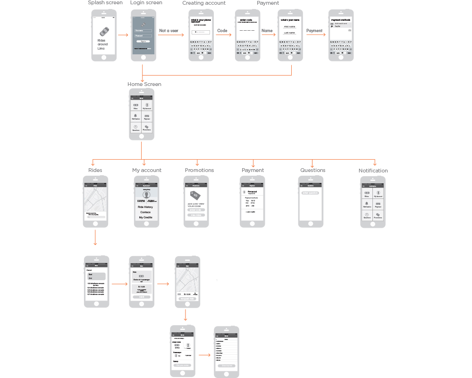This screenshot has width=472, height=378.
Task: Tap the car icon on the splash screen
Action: click(103, 32)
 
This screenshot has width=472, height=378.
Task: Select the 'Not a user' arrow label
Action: click(169, 31)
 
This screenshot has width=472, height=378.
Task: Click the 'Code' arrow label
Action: click(222, 31)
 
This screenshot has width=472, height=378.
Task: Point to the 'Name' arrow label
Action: click(267, 31)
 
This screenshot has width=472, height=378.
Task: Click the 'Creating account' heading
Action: click(204, 3)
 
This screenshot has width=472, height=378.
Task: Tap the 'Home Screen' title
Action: click(144, 84)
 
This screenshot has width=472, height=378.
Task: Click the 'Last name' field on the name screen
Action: click(289, 33)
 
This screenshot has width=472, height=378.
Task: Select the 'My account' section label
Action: click(147, 170)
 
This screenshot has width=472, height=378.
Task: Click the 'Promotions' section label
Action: click(199, 170)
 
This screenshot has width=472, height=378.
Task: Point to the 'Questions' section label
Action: click(312, 170)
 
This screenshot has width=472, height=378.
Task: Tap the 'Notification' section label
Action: click(373, 171)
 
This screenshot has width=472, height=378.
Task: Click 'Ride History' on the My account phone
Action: click(145, 207)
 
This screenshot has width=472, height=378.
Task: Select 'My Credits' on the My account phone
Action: click(146, 217)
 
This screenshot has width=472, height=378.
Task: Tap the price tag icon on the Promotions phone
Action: click(194, 196)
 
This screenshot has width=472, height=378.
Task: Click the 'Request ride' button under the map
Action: click(187, 299)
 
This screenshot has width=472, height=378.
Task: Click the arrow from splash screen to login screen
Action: click(123, 34)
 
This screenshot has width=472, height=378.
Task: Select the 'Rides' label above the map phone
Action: click(95, 170)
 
